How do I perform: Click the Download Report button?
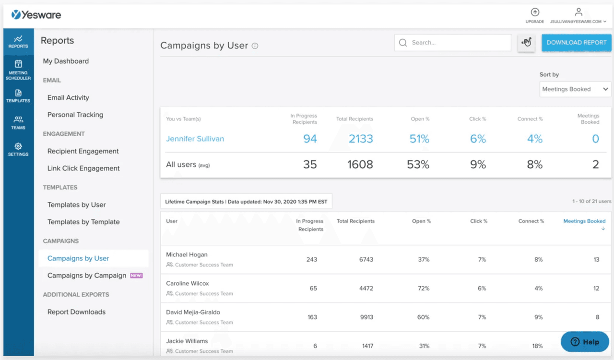[576, 43]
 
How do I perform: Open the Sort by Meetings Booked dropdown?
[575, 89]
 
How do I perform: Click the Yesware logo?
[36, 15]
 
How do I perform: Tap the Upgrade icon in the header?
[535, 12]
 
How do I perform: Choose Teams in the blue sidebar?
[18, 122]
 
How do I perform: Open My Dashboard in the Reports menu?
[66, 61]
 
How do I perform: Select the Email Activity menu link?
[68, 98]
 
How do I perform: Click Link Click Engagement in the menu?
[83, 168]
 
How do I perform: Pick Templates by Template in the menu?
[83, 222]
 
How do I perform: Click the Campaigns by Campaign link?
[87, 276]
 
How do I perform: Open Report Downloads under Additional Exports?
[76, 312]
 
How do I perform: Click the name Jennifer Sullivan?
[195, 139]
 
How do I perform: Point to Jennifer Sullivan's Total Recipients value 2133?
[361, 139]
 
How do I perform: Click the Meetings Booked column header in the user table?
[584, 221]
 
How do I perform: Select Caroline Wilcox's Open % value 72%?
[423, 289]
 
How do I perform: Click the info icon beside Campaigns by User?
[255, 46]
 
